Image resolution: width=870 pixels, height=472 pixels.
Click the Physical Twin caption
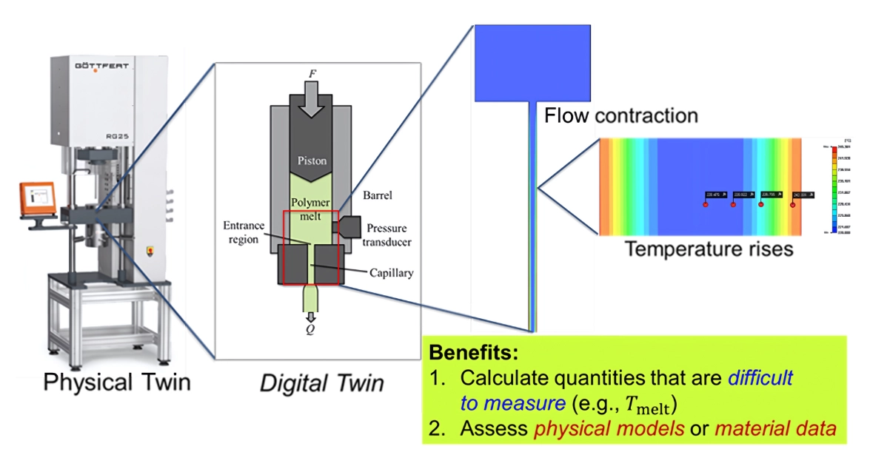pyautogui.click(x=116, y=382)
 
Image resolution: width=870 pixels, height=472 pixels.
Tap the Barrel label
pyautogui.click(x=377, y=197)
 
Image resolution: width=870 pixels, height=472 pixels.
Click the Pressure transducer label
pyautogui.click(x=389, y=235)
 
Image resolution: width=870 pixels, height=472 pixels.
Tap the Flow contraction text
pyautogui.click(x=621, y=116)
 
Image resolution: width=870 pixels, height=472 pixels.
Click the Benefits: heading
pyautogui.click(x=474, y=351)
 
